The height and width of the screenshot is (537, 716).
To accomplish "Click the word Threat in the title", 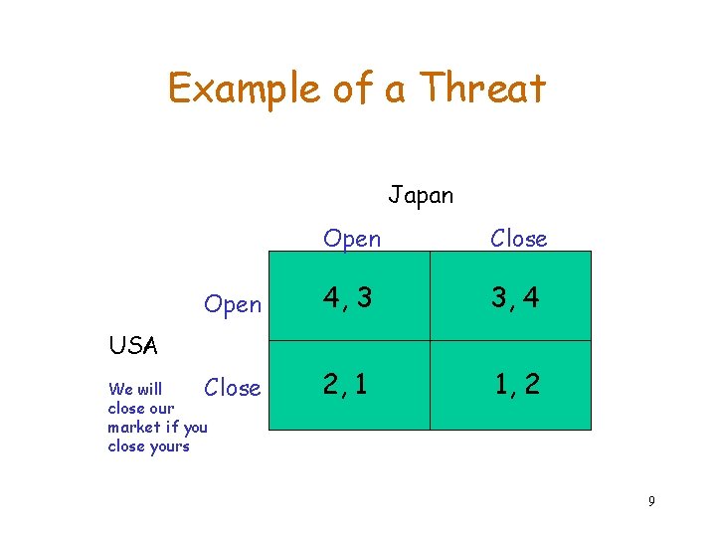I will tap(483, 89).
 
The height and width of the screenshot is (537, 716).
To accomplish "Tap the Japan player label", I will tap(421, 195).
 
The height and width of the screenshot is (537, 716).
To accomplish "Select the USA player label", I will tap(132, 346).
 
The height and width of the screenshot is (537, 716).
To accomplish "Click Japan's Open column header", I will tap(352, 239).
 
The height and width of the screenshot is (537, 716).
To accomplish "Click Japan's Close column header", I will tap(518, 239).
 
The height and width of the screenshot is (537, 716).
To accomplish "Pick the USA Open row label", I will tap(233, 304).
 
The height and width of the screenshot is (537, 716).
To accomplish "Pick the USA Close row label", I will tap(233, 388).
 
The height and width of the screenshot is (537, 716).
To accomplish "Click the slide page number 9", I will tap(651, 501).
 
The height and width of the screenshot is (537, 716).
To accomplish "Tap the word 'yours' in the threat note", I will tap(168, 447).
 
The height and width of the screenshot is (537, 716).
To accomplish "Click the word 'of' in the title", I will tap(349, 89).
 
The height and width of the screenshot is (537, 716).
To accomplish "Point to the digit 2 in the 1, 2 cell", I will tap(533, 385).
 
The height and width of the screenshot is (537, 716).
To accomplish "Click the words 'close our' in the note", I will tap(140, 409).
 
